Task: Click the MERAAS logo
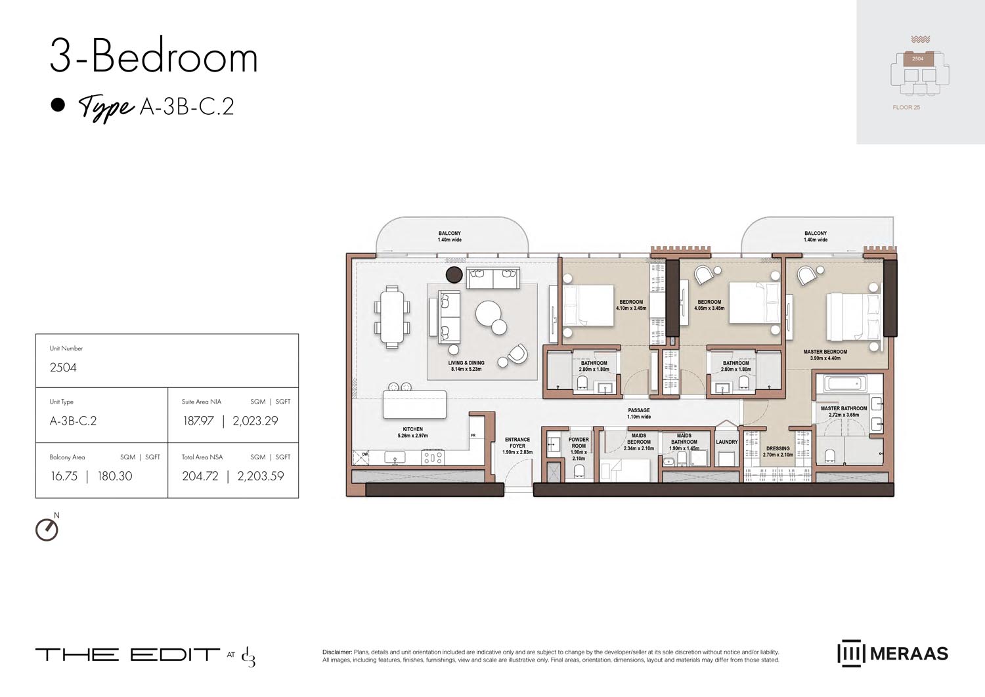pyautogui.click(x=892, y=654)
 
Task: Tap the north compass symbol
pyautogui.click(x=47, y=529)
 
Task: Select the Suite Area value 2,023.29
pyautogui.click(x=255, y=421)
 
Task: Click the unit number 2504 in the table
pyautogui.click(x=63, y=368)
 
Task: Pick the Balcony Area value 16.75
pyautogui.click(x=64, y=476)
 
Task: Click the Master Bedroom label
pyautogui.click(x=825, y=352)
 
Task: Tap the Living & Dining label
pyautogui.click(x=466, y=363)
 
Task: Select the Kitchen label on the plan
pyautogui.click(x=412, y=429)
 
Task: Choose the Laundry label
pyautogui.click(x=726, y=442)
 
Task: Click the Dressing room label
pyautogui.click(x=777, y=449)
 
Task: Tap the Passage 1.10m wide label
pyautogui.click(x=638, y=413)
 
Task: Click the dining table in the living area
pyautogui.click(x=392, y=317)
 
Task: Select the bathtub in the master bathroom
pyautogui.click(x=844, y=383)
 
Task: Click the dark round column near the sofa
pyautogui.click(x=454, y=274)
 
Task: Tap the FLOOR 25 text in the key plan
pyautogui.click(x=906, y=108)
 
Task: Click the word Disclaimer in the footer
pyautogui.click(x=337, y=652)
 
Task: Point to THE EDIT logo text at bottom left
pyautogui.click(x=127, y=654)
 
